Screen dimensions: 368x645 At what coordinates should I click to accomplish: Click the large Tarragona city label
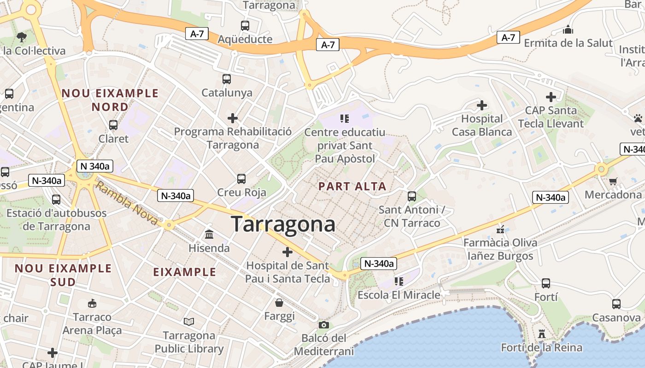[x=283, y=224]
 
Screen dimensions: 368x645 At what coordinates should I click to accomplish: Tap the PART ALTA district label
[x=352, y=186]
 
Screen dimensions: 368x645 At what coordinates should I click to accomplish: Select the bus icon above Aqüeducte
[x=245, y=26]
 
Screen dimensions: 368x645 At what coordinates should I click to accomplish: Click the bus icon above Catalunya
[x=227, y=79]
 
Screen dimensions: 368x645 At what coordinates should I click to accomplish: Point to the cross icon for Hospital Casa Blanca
[x=482, y=105]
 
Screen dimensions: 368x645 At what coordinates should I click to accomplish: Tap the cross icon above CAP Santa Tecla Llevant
[x=551, y=97]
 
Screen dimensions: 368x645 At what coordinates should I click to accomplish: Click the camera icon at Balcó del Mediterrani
[x=324, y=325]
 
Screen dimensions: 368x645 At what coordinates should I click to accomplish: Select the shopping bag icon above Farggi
[x=279, y=303]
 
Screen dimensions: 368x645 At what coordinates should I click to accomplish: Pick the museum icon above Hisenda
[x=209, y=235]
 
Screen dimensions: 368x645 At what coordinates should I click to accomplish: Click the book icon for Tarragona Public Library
[x=189, y=322]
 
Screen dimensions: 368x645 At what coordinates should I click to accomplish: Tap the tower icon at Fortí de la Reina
[x=542, y=334]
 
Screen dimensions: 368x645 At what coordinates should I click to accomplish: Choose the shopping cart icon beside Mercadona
[x=613, y=181]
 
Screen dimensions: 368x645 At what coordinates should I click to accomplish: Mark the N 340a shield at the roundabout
[x=94, y=166]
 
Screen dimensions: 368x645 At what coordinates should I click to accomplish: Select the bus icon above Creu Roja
[x=241, y=179]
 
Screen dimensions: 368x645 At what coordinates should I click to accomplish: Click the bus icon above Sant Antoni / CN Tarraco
[x=412, y=196]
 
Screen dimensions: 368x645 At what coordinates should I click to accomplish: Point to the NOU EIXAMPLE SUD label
[x=63, y=275]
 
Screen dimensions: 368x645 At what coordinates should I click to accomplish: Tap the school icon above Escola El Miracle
[x=399, y=281]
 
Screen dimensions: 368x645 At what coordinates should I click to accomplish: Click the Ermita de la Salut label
[x=569, y=43]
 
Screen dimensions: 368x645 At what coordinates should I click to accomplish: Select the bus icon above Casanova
[x=616, y=304]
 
